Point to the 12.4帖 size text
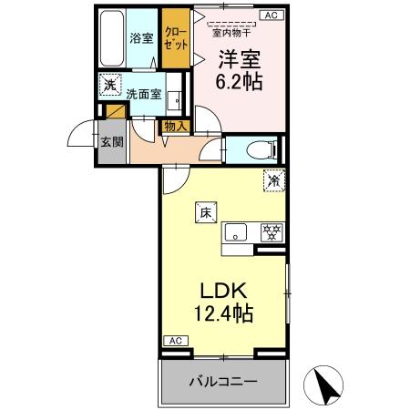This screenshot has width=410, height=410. point(222,315)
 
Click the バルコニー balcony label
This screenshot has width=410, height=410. point(224,381)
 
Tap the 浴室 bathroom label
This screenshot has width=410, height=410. point(140,39)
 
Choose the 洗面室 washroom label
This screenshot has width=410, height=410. point(144,93)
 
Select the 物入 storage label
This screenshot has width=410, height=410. point(176,127)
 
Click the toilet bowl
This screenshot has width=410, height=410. point(259,150)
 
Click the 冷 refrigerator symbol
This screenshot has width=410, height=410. point(273,180)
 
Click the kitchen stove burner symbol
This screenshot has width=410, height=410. point(270,231)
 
